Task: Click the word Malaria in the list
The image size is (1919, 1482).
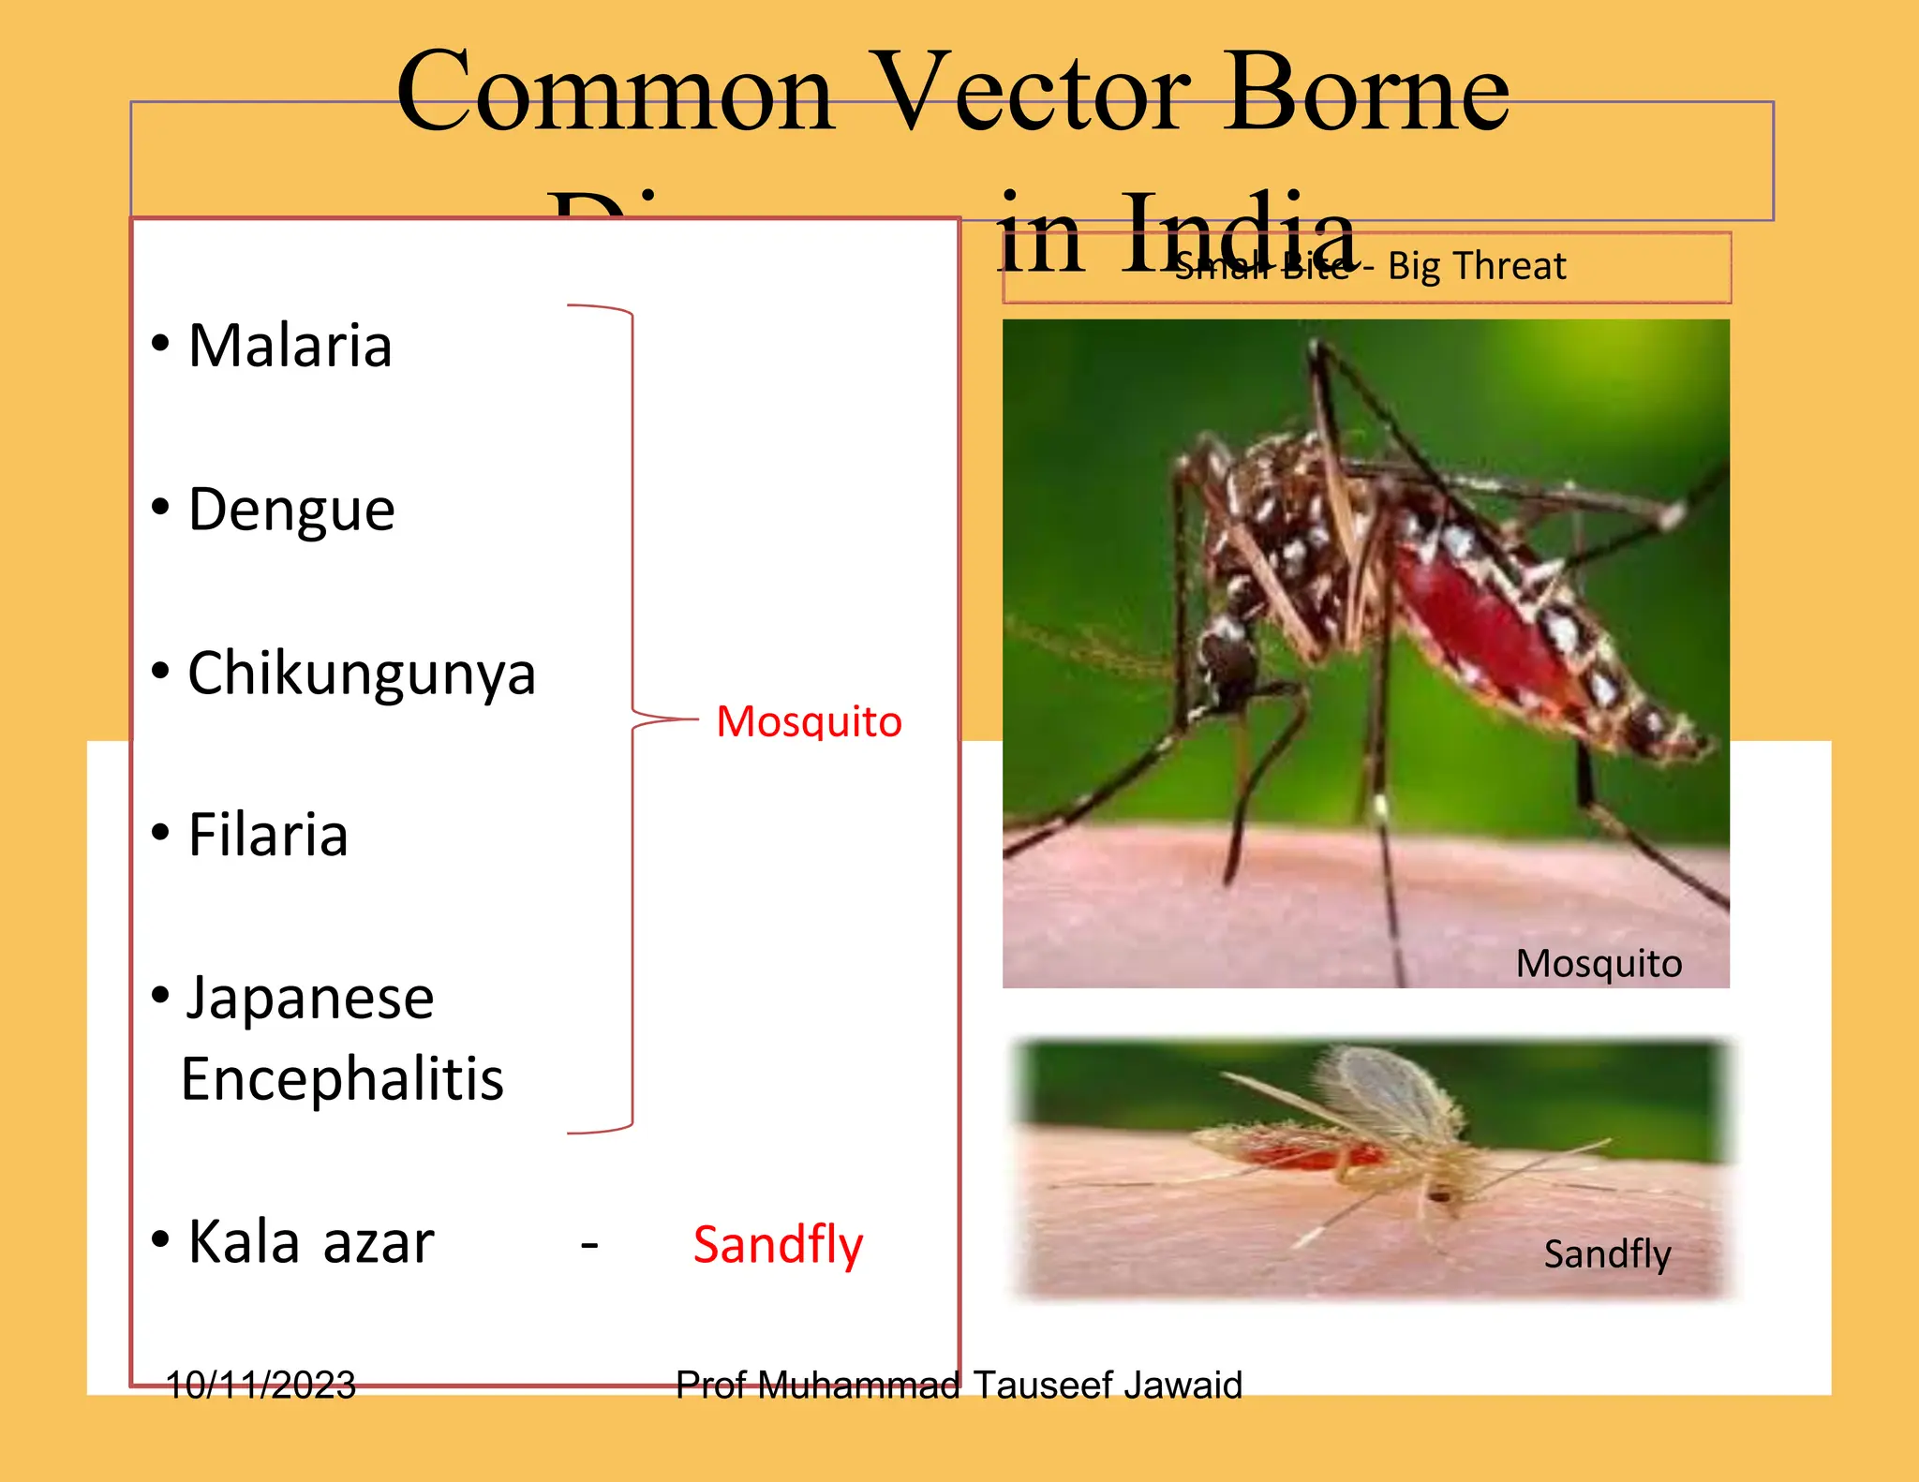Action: pos(290,346)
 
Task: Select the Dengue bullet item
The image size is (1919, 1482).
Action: pos(291,511)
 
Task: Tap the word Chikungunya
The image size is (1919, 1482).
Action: pos(362,674)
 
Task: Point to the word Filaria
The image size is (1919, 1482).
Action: pos(268,835)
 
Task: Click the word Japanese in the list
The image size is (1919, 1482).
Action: pos(310,998)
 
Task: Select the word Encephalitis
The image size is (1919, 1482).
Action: pos(342,1078)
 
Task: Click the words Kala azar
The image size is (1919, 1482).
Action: pos(310,1242)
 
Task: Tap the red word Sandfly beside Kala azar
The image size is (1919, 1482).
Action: pos(778,1245)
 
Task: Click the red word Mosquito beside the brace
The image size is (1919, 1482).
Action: pos(809,721)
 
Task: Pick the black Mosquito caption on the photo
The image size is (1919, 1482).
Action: pos(1599,963)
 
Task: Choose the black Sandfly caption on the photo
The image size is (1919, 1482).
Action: pos(1607,1253)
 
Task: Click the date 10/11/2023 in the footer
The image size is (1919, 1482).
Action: pos(260,1385)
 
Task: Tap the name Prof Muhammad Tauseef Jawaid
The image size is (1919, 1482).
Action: pos(959,1385)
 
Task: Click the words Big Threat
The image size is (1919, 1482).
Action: pos(1477,266)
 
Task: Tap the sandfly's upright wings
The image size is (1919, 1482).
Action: pos(1387,1091)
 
